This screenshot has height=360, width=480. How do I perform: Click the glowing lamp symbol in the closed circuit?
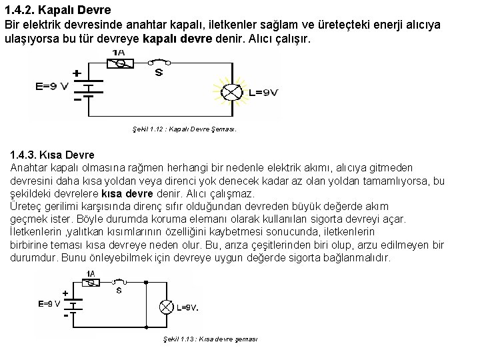pyautogui.click(x=231, y=93)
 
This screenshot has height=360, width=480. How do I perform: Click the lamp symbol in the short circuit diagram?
pyautogui.click(x=165, y=307)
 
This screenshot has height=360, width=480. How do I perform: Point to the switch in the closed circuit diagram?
pyautogui.click(x=159, y=63)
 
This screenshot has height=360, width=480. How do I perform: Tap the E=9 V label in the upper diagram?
pyautogui.click(x=51, y=87)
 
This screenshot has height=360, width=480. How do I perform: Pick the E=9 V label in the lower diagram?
pyautogui.click(x=49, y=303)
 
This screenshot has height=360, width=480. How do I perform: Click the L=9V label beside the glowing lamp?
pyautogui.click(x=259, y=92)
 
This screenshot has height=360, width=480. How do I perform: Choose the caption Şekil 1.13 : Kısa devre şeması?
pyautogui.click(x=211, y=339)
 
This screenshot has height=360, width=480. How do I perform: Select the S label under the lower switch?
pyautogui.click(x=119, y=291)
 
